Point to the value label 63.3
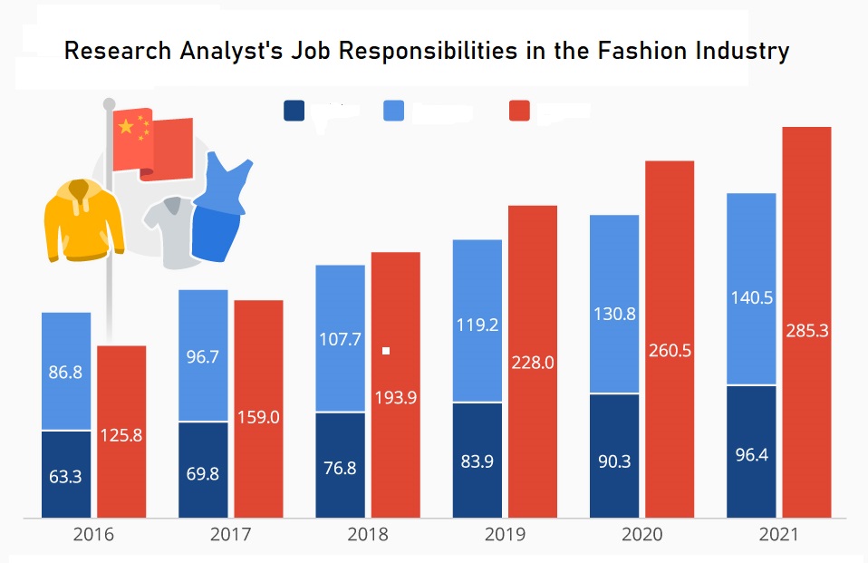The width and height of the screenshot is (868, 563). click(66, 475)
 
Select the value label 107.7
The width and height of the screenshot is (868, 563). click(341, 340)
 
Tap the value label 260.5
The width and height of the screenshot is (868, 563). click(670, 350)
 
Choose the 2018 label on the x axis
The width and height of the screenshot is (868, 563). click(368, 535)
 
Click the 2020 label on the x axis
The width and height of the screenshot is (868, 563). click(641, 535)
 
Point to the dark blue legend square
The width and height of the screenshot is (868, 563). click(294, 111)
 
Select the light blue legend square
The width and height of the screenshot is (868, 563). click(394, 111)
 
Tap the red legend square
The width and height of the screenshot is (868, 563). click(519, 111)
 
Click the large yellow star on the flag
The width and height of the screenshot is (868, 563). click(126, 128)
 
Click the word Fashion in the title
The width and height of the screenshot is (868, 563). click(635, 51)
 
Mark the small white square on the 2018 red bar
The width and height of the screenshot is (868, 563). click(386, 351)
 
